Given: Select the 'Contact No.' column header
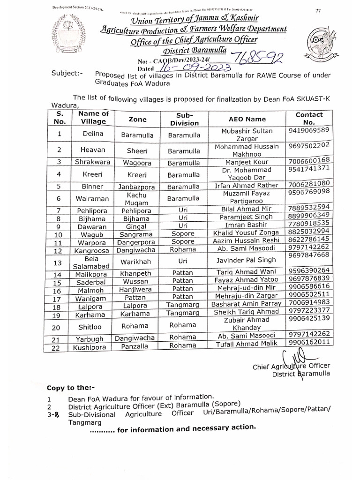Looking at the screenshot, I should click(x=309, y=119).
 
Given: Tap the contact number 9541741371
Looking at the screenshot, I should click(x=309, y=168).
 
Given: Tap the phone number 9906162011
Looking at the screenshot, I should click(x=309, y=343).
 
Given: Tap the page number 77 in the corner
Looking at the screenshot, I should click(x=318, y=10).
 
